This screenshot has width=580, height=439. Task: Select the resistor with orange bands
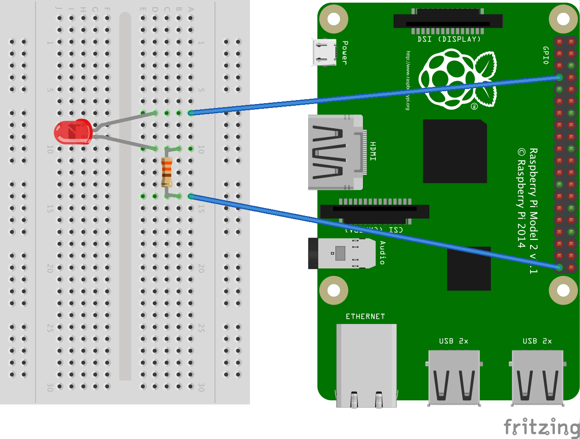[x=166, y=172]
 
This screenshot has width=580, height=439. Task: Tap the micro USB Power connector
[x=324, y=52]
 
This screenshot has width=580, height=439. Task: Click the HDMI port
[x=335, y=152]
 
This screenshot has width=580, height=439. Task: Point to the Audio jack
[x=342, y=253]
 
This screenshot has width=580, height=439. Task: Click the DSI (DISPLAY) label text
[x=449, y=39]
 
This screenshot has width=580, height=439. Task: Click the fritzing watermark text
[x=542, y=427]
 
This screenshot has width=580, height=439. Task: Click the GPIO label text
[x=546, y=56]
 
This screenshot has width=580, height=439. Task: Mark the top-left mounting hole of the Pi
[x=334, y=19]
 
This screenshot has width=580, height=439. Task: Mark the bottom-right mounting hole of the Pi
[x=563, y=290]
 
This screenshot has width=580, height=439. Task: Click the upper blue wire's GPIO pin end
[x=559, y=78]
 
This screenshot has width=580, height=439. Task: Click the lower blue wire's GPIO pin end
[x=559, y=267]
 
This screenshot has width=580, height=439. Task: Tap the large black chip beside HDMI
[x=455, y=151]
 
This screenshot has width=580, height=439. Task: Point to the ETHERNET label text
[x=365, y=316]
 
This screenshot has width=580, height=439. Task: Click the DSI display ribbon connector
[x=448, y=22]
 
